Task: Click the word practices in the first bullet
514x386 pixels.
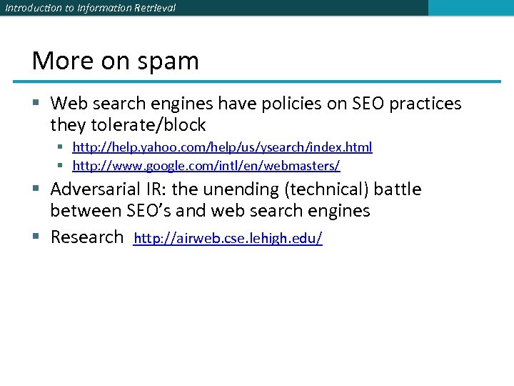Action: pos(423,104)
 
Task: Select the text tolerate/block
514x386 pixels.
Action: pos(148,125)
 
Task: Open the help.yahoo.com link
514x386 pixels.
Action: pos(222,147)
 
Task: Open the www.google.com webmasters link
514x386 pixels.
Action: pos(206,166)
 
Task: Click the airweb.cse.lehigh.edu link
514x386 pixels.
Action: pos(228,238)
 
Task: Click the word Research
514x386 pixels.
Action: pos(87,237)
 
